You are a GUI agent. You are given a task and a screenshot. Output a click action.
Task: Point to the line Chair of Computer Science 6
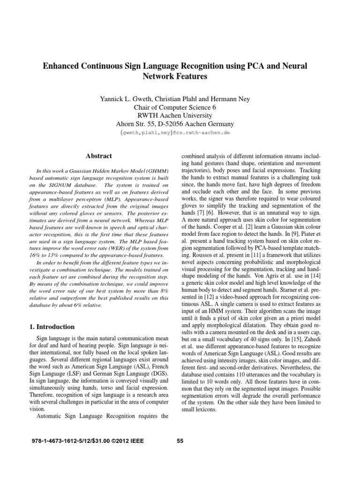coord(180,107)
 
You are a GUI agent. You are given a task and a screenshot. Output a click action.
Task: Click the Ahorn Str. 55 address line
coord(180,124)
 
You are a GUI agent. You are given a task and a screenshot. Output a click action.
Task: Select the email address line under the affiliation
coord(180,133)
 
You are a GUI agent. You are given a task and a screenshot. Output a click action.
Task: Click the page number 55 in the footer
coord(180,441)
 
